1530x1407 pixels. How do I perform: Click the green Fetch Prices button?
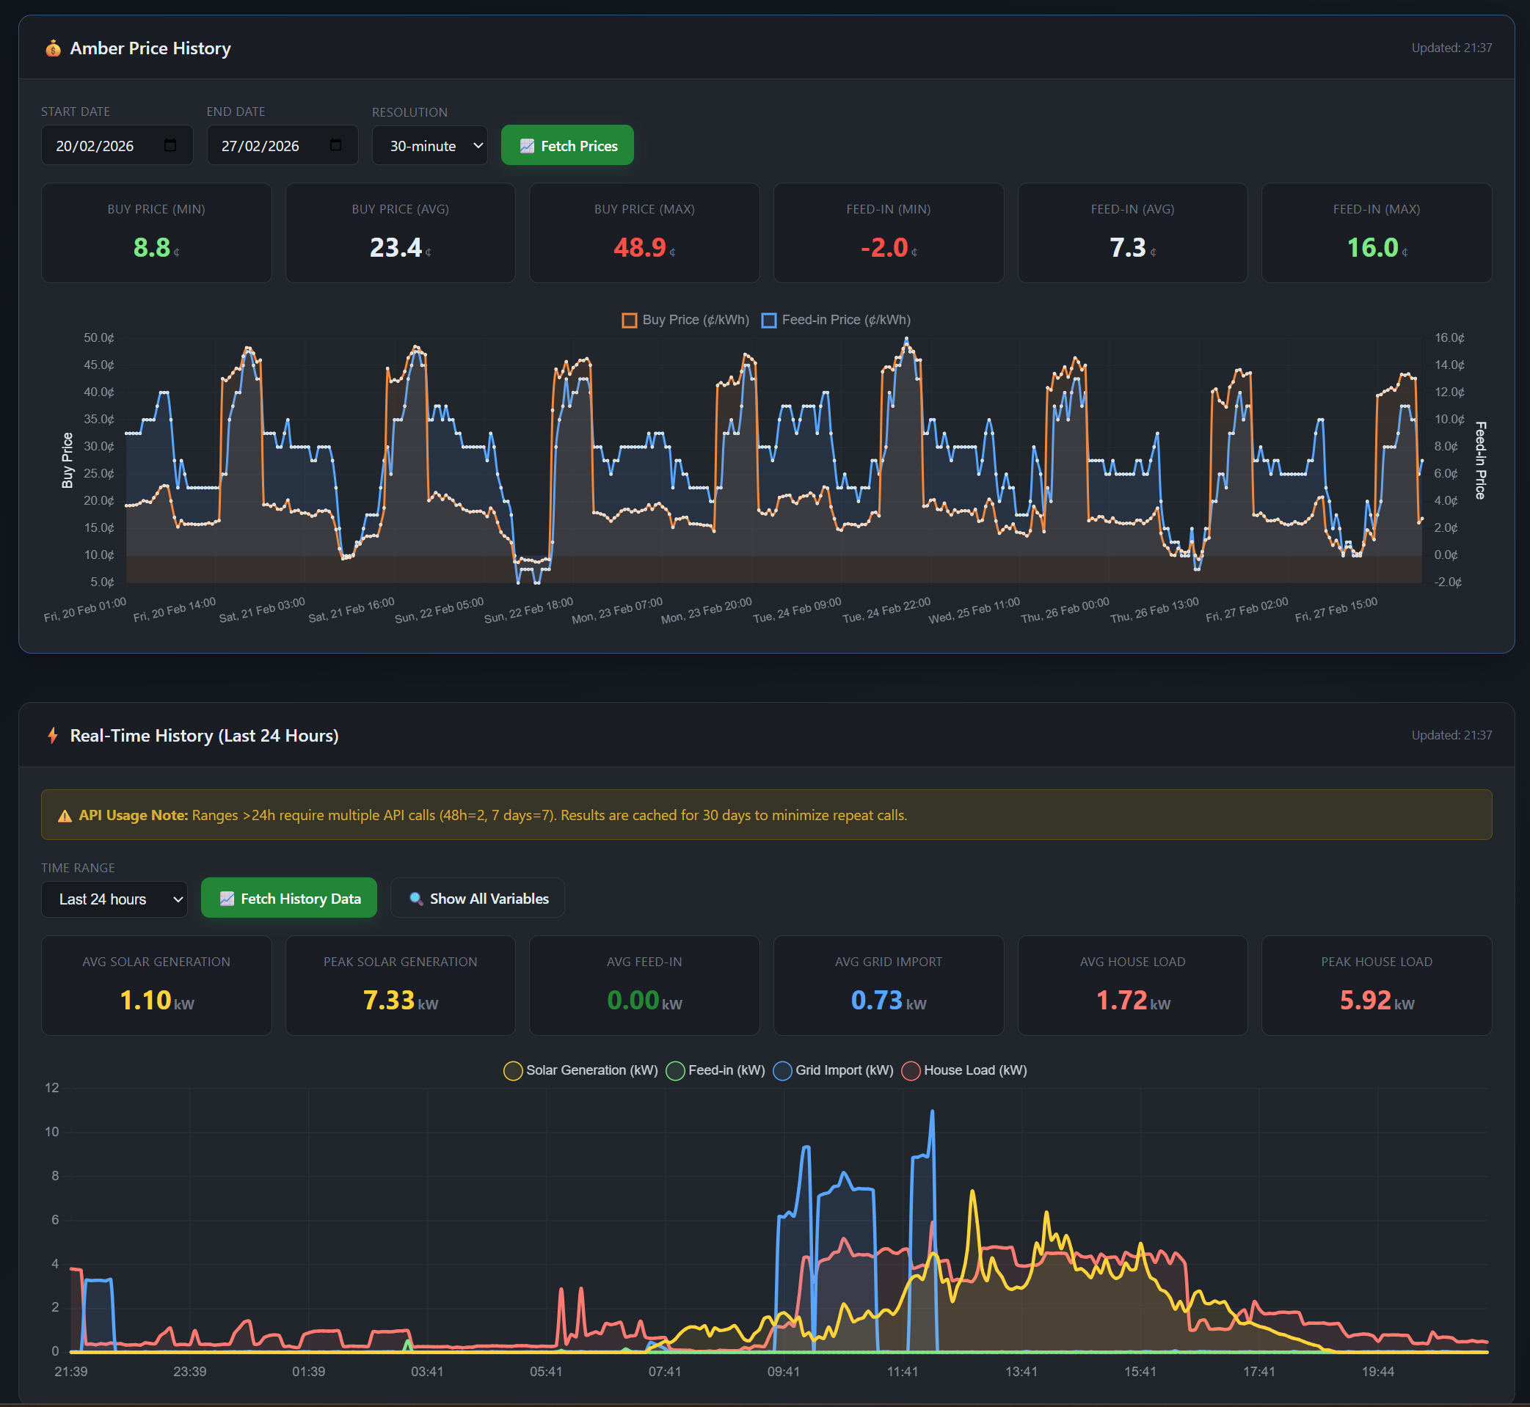(567, 145)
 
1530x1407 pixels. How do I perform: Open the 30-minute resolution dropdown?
(429, 145)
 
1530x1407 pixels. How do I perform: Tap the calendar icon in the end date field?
(335, 145)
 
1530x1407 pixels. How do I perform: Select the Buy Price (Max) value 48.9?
(640, 247)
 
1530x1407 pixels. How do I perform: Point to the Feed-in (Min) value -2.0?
(884, 247)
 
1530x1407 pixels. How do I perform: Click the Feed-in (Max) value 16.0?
(1372, 247)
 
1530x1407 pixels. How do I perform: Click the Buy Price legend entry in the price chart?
(685, 320)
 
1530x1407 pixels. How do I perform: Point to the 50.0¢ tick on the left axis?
(98, 337)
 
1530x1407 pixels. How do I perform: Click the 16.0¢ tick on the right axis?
(1449, 337)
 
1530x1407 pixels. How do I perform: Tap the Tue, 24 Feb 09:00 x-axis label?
(798, 610)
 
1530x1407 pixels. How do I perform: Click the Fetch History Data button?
(288, 899)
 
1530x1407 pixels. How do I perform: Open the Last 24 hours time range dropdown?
(114, 899)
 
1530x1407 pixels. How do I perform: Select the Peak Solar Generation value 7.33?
(388, 1000)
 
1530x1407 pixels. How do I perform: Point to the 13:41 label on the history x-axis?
(1021, 1371)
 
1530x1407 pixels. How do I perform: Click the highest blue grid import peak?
(932, 1112)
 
